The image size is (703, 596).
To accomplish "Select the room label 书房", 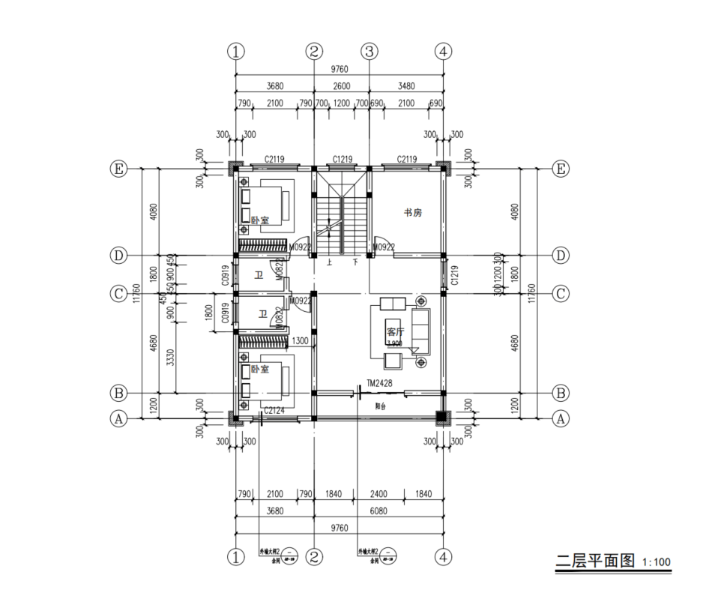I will point(413,213).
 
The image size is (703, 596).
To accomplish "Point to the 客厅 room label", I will point(395,331).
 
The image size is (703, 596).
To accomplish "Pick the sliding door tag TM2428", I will point(380,384).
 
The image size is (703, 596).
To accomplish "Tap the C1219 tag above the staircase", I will point(343,160).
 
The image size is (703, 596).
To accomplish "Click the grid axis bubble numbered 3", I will point(369,52).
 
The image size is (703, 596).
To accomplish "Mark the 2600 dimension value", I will point(341,86).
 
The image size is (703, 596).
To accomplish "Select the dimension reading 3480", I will point(405,86).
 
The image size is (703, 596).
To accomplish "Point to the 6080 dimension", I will point(378,511).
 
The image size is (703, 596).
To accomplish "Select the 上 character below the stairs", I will point(330,263).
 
